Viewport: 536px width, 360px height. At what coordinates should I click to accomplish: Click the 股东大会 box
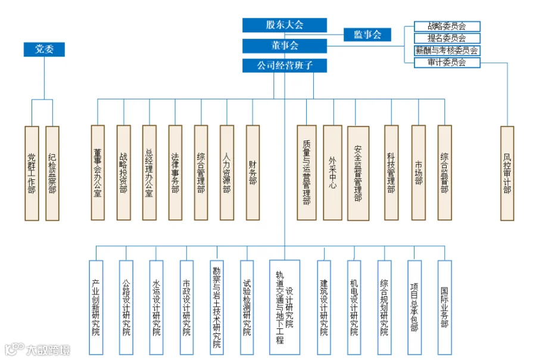point(285,25)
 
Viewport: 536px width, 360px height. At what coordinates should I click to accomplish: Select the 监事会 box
point(367,35)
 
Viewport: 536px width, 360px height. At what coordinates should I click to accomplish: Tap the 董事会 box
point(285,46)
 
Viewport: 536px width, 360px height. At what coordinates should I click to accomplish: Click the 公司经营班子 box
point(285,66)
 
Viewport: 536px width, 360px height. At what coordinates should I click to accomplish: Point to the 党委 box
point(44,49)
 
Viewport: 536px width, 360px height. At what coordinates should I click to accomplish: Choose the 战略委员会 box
point(447,26)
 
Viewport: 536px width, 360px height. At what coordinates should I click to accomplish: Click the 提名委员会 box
point(447,38)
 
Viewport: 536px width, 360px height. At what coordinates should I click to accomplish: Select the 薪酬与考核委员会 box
point(447,50)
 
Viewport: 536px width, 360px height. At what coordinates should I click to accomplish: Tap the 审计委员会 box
point(447,62)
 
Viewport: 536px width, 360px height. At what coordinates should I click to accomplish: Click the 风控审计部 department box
point(507,173)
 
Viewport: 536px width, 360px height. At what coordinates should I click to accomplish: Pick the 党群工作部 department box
point(32,173)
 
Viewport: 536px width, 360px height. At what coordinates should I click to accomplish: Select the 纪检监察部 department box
point(52,173)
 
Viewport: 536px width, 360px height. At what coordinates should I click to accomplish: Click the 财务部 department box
point(253,172)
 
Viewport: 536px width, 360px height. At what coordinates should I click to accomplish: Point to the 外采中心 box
point(332,172)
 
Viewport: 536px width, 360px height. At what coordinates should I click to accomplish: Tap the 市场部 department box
point(419,172)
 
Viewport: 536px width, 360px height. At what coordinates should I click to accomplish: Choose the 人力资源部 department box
point(227,172)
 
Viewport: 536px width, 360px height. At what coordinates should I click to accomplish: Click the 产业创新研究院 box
point(96,307)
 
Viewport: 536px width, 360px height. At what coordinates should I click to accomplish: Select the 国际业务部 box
point(444,307)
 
